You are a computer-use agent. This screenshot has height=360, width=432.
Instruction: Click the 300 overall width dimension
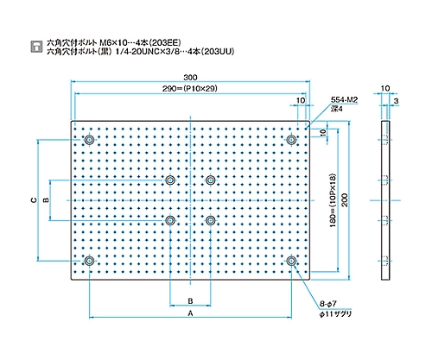click(190, 78)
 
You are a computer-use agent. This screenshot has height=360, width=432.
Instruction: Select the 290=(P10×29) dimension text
click(190, 88)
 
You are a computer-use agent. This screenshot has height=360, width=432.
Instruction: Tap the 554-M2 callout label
click(344, 100)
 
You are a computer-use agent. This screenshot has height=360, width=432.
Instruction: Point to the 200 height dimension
click(345, 200)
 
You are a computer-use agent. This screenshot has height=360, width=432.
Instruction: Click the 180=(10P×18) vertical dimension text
click(334, 200)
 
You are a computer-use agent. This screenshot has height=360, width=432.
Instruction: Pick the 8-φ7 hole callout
click(328, 304)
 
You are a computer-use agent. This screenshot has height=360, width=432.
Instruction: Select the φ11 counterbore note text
click(335, 314)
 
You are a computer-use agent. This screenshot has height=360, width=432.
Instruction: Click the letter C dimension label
click(34, 200)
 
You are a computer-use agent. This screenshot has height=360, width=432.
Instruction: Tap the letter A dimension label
click(190, 313)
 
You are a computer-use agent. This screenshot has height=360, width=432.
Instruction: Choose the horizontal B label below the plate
click(190, 301)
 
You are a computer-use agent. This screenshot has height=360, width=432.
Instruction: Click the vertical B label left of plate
click(46, 200)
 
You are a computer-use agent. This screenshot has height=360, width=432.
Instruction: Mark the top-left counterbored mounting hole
click(89, 140)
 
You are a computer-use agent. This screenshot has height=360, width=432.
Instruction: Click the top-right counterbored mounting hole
click(292, 140)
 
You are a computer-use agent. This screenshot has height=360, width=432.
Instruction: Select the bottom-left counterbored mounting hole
click(89, 261)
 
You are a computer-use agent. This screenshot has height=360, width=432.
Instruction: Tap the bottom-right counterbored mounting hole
click(292, 261)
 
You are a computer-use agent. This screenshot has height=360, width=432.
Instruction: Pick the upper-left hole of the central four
click(170, 180)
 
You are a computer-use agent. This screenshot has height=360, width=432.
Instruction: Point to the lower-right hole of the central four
click(211, 221)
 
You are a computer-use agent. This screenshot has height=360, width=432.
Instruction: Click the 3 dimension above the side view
click(396, 101)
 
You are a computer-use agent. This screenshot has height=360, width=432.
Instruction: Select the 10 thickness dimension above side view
click(385, 88)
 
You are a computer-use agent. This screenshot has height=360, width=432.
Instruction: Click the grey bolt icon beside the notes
click(36, 47)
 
